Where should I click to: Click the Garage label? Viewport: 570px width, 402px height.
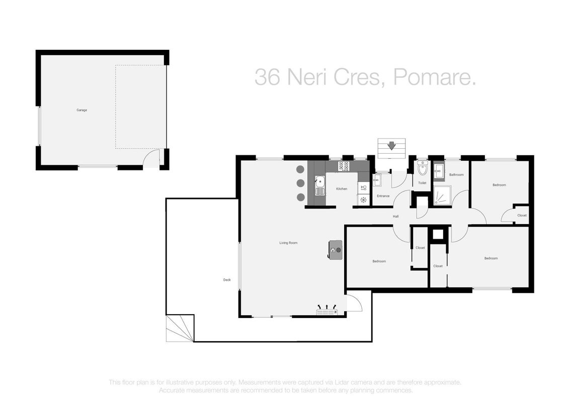[82, 110]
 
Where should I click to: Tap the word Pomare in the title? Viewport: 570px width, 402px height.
[434, 77]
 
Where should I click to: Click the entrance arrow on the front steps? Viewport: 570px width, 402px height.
[391, 146]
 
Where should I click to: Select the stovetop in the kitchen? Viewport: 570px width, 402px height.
[344, 166]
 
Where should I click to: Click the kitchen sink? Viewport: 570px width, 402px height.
[320, 185]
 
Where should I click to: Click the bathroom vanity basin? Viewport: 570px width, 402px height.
[438, 171]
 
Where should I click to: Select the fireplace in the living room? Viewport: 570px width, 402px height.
[336, 250]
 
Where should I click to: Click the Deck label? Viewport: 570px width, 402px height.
[227, 279]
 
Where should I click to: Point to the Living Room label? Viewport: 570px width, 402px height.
[288, 243]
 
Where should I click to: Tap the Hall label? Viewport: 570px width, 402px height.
[395, 217]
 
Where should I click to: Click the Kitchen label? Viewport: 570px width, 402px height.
[341, 189]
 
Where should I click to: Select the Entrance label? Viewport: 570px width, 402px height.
[383, 196]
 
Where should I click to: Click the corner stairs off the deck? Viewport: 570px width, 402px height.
[180, 328]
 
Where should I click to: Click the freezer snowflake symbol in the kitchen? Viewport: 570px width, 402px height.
[364, 199]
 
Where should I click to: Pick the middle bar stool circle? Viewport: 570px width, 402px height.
[300, 183]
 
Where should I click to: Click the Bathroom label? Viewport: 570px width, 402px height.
[456, 175]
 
